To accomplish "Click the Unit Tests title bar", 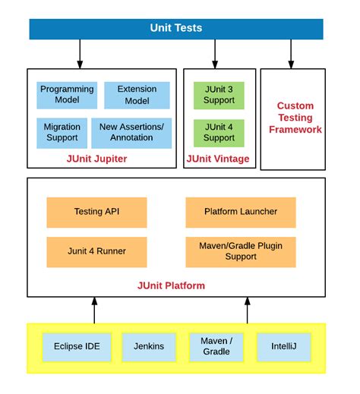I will (176, 29).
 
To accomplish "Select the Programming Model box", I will (67, 95).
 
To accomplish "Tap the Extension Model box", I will (137, 95).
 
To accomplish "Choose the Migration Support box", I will (61, 132).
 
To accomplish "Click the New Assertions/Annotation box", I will (131, 132).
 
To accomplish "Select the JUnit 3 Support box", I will (219, 95).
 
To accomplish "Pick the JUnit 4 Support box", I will (219, 132).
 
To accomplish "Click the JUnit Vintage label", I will (219, 159).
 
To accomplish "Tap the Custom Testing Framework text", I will (295, 118).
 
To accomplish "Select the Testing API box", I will (96, 212).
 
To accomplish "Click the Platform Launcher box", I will (241, 212).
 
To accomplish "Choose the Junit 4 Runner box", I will (96, 251).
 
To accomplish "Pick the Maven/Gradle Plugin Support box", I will (241, 251).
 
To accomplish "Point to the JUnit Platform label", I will (171, 285).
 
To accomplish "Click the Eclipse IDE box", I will (76, 346).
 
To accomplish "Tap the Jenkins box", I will (148, 346).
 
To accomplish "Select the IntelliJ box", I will (284, 346).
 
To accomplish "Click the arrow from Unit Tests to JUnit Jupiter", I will (79, 53).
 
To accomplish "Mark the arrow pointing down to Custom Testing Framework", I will (291, 53).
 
